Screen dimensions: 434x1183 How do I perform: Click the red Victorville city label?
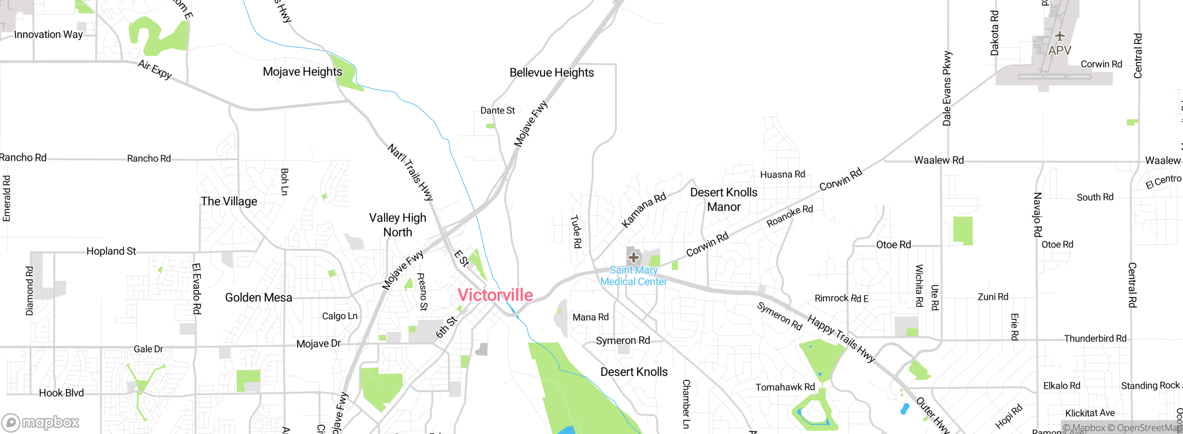[495, 295]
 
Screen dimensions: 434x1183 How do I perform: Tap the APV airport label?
[1059, 50]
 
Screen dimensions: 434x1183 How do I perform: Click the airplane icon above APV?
[1060, 36]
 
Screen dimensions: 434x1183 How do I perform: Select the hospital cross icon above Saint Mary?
[634, 257]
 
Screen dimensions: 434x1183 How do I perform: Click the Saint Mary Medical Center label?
[634, 276]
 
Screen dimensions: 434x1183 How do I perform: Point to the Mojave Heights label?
[302, 72]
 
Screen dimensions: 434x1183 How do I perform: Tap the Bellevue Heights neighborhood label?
[551, 72]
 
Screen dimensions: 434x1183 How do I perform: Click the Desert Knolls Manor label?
[724, 199]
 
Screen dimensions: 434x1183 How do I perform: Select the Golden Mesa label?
[258, 297]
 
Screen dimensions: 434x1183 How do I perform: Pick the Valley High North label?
[397, 225]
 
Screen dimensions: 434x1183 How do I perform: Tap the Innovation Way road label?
[48, 35]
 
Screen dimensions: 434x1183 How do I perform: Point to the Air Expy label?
[155, 70]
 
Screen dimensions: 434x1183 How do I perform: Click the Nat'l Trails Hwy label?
[410, 172]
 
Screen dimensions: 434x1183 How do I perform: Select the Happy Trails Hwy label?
[841, 338]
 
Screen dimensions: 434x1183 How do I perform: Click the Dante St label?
[497, 111]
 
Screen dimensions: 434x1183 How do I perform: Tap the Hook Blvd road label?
[61, 393]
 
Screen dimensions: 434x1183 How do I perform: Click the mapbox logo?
[41, 422]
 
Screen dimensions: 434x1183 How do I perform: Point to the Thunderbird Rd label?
[1095, 338]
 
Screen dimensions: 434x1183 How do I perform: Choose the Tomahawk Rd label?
[785, 387]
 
